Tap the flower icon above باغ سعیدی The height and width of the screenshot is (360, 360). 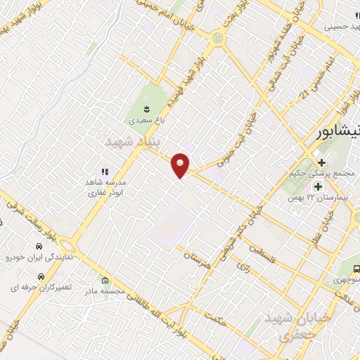[x=146, y=108]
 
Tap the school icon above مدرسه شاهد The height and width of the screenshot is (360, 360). [x=105, y=172]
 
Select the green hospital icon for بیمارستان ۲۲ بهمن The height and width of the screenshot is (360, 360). [x=317, y=186]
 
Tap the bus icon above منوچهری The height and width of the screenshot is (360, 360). [x=356, y=268]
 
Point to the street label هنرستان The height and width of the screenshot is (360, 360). [x=197, y=259]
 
